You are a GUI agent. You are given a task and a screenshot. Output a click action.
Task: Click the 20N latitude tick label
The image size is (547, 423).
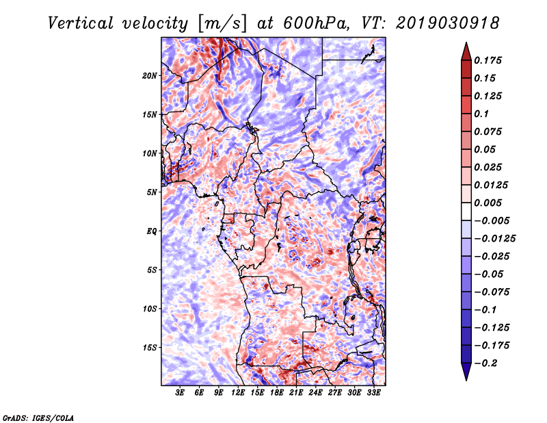tap(149, 76)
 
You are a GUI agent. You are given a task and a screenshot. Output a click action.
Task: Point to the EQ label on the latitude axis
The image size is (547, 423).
tap(152, 231)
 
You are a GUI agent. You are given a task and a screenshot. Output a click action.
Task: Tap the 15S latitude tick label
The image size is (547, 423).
tap(149, 348)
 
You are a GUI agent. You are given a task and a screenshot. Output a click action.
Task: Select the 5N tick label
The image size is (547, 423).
tap(152, 192)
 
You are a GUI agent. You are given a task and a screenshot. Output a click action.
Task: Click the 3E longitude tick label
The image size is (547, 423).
tap(180, 393)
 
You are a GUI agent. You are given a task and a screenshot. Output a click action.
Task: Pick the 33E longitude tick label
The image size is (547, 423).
tap(373, 393)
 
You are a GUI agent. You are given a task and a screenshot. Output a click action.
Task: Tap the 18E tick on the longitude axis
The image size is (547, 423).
tap(277, 393)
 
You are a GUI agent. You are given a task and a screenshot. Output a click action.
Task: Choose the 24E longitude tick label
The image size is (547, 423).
tap(315, 393)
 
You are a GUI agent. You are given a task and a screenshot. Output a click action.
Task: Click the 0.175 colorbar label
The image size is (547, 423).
tap(488, 60)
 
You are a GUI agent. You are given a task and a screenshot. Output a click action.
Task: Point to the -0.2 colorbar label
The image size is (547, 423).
tap(485, 363)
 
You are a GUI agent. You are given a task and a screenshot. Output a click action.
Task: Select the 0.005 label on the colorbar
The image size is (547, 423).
tap(488, 203)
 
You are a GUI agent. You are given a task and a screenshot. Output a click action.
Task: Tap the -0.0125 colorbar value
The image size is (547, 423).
tap(494, 239)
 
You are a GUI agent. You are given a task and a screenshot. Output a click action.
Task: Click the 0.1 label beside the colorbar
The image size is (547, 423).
tap(481, 114)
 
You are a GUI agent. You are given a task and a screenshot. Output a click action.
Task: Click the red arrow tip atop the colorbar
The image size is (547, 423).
tap(466, 43)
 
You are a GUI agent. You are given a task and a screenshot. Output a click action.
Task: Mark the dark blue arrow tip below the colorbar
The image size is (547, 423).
tap(466, 379)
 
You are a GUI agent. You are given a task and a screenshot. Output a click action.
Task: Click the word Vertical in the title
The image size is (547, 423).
tap(81, 23)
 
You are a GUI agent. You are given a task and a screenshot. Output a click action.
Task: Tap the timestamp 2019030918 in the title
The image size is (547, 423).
tap(448, 23)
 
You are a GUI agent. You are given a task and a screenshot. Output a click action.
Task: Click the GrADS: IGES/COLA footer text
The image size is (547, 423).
tap(38, 418)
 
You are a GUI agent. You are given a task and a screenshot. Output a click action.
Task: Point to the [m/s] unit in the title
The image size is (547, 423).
tap(222, 24)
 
